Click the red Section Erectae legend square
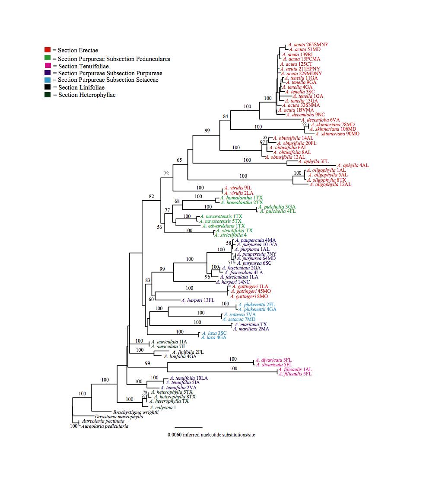48,50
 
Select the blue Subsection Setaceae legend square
48,80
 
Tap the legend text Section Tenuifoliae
83,66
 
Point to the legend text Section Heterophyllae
87,95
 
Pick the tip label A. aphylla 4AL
353,165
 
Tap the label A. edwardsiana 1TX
223,226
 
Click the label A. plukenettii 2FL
256,305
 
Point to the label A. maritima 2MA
251,329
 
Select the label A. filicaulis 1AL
295,369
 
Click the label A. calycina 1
163,407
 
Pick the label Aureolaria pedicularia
105,426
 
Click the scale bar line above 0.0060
188,427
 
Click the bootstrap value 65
179,160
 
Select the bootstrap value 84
225,116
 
